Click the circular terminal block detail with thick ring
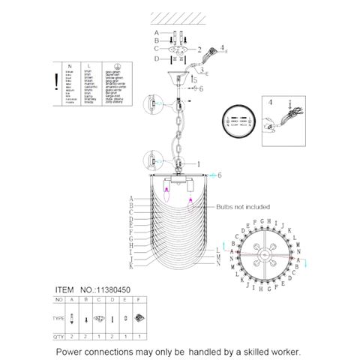[x=238, y=118]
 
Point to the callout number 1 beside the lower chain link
[x=199, y=163]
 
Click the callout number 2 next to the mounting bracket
[x=199, y=49]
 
